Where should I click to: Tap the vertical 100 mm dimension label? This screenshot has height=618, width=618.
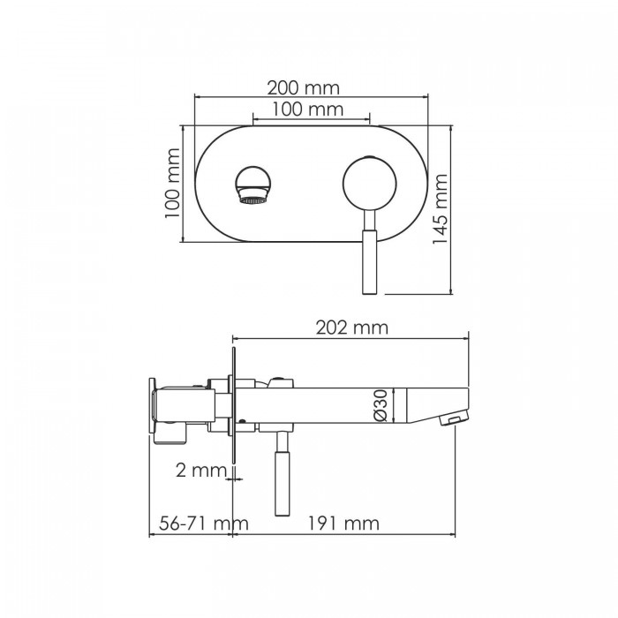[173, 185]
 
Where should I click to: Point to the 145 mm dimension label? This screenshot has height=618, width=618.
[440, 210]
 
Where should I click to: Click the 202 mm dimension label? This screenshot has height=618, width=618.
[352, 328]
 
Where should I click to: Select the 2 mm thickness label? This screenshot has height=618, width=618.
[201, 470]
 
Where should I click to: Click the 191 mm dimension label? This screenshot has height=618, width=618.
[344, 524]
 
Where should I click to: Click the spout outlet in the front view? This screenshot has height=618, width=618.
[253, 187]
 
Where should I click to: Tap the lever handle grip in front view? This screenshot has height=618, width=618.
[368, 260]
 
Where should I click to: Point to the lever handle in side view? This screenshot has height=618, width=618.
[283, 477]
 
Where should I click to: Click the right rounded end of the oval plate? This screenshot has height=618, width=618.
[419, 185]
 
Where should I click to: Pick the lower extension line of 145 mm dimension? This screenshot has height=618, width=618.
[415, 293]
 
